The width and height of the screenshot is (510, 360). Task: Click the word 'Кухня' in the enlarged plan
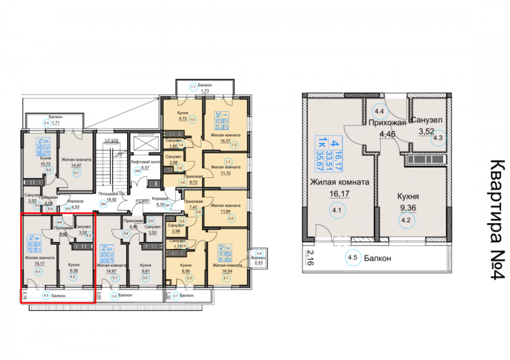408,196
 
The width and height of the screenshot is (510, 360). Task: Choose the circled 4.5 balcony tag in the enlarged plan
351,258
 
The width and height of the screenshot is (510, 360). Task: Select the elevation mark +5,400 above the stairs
110,141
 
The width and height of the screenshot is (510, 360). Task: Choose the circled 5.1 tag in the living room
76,172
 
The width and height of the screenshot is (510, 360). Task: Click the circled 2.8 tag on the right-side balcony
259,253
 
